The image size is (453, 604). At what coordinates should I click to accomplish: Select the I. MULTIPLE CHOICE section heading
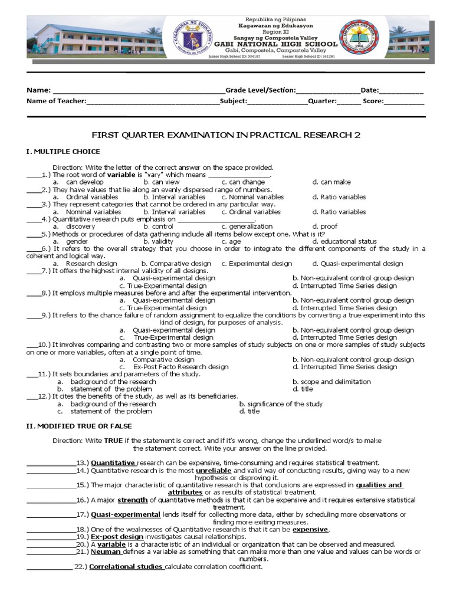point(63,152)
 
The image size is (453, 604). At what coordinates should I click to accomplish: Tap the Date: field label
point(369,90)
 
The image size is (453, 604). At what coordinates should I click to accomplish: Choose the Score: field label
point(373,101)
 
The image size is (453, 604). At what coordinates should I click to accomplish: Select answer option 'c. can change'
point(243,182)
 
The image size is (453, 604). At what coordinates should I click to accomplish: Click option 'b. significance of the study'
point(281,404)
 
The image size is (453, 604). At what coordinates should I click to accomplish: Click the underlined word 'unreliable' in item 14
point(214,471)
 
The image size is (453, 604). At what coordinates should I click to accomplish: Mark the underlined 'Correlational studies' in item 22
point(126,567)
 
